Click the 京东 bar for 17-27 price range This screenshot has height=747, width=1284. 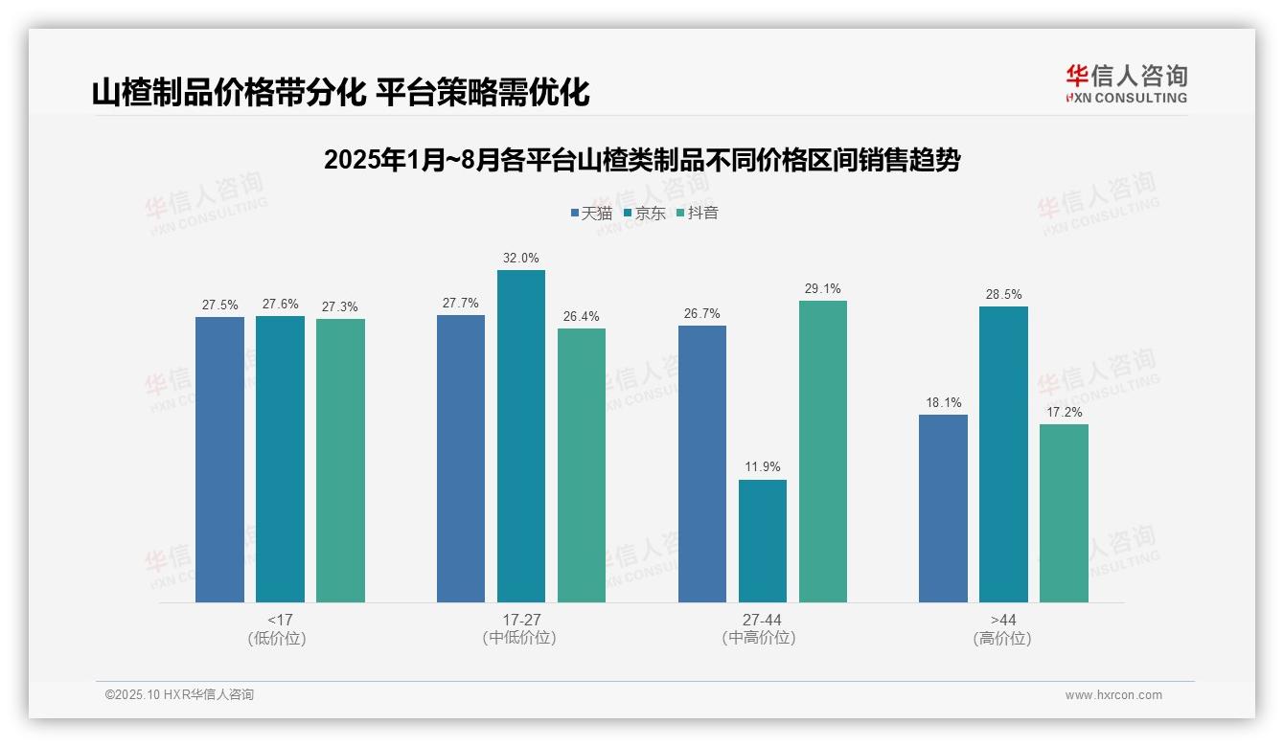(x=521, y=436)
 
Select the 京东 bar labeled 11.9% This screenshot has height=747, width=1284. (x=763, y=541)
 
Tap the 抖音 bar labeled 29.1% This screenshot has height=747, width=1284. (x=823, y=451)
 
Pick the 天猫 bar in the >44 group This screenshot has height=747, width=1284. (x=943, y=509)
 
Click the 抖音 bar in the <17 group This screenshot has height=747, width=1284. (x=340, y=461)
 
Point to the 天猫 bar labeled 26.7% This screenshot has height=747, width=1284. (x=702, y=464)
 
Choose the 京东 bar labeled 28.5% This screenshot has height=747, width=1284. (x=1003, y=454)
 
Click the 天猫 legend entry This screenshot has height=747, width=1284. (x=591, y=213)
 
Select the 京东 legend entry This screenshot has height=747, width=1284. (x=644, y=213)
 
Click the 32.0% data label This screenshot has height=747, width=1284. (x=521, y=258)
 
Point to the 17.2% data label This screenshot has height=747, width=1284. (x=1064, y=412)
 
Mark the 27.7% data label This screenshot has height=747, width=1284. (x=460, y=303)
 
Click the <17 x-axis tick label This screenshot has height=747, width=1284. (x=280, y=620)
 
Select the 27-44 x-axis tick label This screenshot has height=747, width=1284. (x=762, y=620)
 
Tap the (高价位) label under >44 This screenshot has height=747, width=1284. (x=1002, y=638)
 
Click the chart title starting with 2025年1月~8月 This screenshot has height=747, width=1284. (x=641, y=160)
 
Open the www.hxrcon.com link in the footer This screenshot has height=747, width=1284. (x=1113, y=695)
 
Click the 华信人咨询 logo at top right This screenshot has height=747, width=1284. (x=1126, y=83)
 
